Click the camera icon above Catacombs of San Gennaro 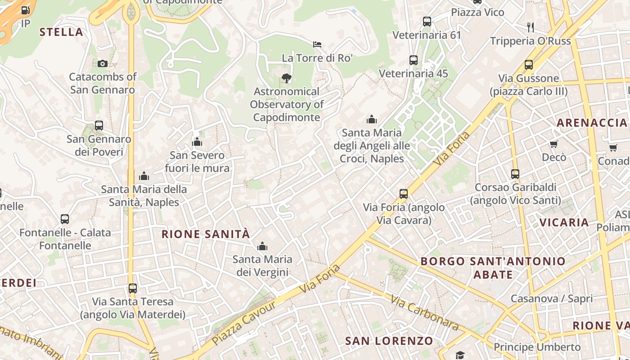(103, 63)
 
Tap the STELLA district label (61, 32)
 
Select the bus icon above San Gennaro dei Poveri (99, 126)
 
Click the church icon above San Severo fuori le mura (197, 142)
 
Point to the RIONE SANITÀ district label (206, 234)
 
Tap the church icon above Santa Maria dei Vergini (262, 246)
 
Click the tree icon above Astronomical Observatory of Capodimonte (286, 78)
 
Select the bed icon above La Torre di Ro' (317, 44)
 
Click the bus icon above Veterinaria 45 (414, 60)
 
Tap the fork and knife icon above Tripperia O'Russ (531, 27)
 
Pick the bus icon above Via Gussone (529, 65)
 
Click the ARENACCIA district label (592, 123)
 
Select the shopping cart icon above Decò (554, 144)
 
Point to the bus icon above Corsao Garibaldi (515, 174)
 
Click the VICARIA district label (564, 222)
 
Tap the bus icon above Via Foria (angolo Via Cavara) (404, 194)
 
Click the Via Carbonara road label (424, 313)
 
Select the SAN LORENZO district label (389, 341)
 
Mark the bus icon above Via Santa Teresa (132, 288)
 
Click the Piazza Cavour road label (243, 323)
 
